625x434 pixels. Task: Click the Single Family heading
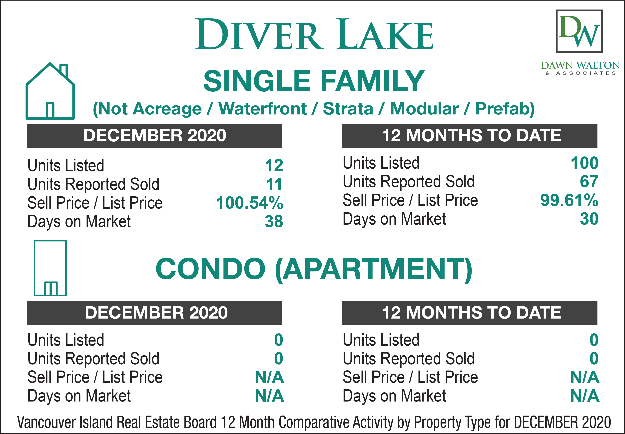coord(314,81)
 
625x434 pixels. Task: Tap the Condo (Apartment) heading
coord(314,269)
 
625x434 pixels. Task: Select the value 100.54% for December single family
coord(249,203)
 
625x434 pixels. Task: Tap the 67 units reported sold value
coord(589,181)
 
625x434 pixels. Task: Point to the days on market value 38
coord(274,221)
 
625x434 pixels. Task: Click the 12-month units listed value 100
coord(585,163)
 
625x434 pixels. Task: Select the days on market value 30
coord(589,219)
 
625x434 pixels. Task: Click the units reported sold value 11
coord(274,184)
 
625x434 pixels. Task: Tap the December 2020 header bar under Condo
coord(154,313)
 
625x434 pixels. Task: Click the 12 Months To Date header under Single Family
coord(470,136)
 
